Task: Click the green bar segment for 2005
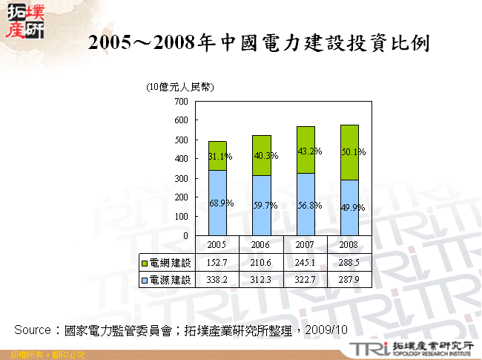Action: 217,156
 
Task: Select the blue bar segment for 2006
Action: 261,205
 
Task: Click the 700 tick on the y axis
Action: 180,101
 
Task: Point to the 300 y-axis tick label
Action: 180,178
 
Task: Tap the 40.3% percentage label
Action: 264,156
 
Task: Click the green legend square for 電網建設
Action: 145,263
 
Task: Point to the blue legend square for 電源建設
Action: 145,280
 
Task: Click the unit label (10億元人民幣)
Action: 180,87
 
